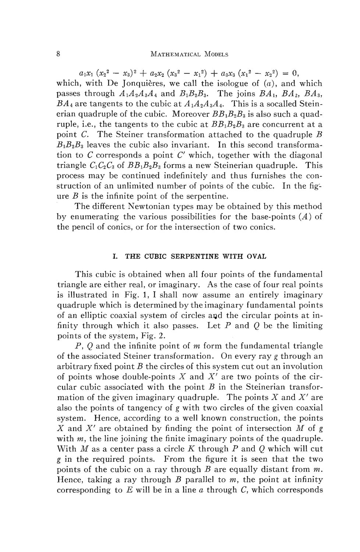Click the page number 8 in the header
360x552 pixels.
click(x=59, y=54)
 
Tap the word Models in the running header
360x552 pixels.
click(x=213, y=54)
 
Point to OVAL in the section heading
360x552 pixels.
click(x=256, y=256)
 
